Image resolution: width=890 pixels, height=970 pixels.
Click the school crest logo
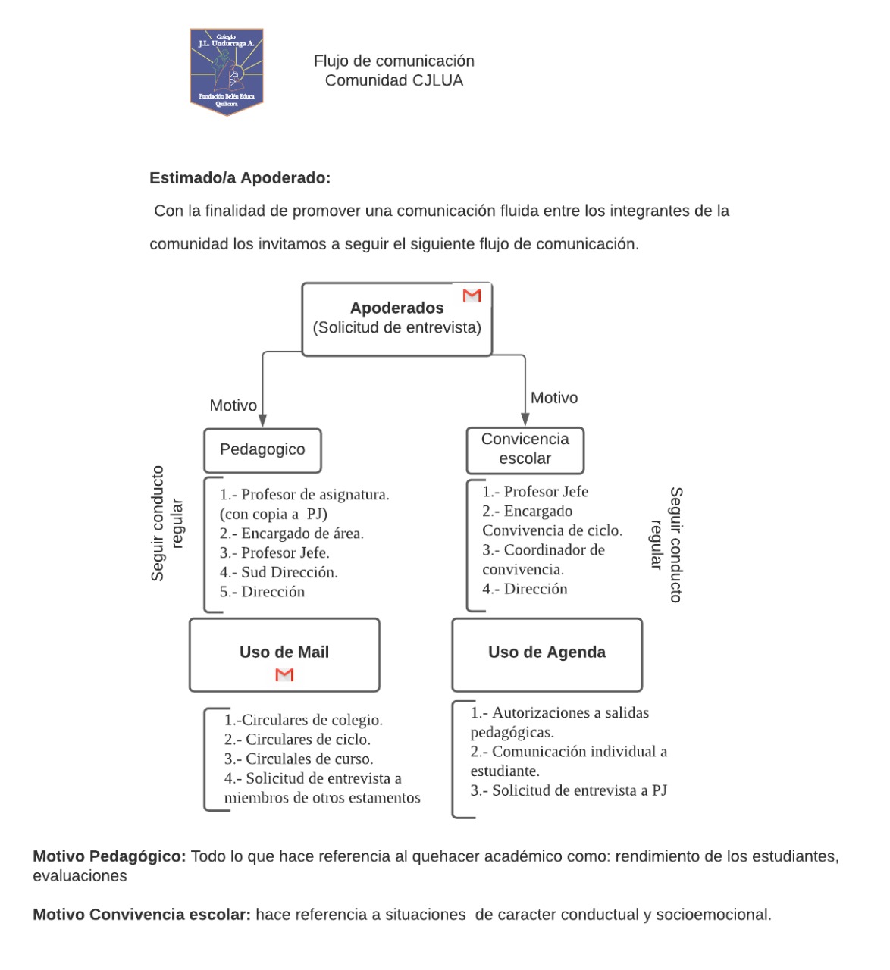click(226, 72)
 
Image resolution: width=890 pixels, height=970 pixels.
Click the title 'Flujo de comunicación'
click(393, 61)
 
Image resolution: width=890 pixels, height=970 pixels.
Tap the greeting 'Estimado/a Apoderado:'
click(240, 178)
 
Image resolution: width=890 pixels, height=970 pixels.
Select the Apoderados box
click(396, 319)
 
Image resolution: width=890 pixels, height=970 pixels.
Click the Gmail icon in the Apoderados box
click(472, 296)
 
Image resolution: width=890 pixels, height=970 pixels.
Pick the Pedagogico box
click(262, 450)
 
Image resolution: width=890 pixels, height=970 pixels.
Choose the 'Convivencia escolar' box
click(525, 449)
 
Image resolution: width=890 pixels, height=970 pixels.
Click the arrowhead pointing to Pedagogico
click(262, 419)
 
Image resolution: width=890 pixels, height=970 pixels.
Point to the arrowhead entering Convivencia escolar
click(525, 418)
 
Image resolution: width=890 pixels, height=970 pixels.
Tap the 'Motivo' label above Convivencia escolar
click(553, 398)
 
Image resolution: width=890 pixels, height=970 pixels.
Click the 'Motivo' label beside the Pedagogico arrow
click(233, 405)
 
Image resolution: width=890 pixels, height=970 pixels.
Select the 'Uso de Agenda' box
click(547, 653)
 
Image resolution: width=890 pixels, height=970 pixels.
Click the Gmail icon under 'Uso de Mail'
click(284, 674)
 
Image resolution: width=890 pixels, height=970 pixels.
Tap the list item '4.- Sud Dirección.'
click(278, 572)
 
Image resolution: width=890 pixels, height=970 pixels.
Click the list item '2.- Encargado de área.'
click(291, 533)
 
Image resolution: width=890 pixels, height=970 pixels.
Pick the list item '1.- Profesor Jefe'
click(534, 492)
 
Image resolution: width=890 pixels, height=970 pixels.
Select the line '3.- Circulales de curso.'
click(298, 759)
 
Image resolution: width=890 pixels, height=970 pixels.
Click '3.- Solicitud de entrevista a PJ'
click(568, 790)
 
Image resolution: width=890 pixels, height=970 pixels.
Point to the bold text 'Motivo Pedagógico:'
click(109, 856)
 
